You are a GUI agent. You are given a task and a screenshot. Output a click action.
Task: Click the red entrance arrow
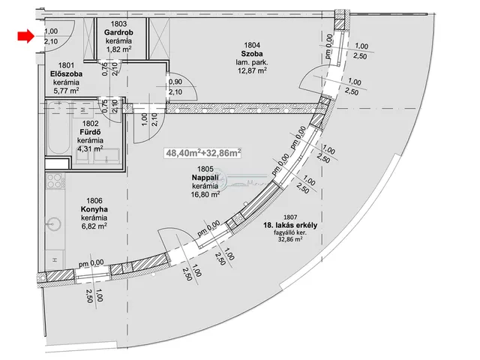(25, 36)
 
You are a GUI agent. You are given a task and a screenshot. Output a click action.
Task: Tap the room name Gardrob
(118, 32)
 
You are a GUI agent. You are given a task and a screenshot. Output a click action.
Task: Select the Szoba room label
(252, 54)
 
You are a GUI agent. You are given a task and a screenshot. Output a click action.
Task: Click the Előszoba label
(66, 74)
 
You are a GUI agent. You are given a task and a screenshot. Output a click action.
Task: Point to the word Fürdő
(90, 132)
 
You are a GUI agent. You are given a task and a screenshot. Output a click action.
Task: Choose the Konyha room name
(94, 209)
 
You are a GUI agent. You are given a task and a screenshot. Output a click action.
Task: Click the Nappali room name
(205, 178)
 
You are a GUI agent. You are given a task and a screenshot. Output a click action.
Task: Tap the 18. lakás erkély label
(290, 225)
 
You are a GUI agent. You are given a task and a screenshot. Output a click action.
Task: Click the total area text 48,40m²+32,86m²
(203, 152)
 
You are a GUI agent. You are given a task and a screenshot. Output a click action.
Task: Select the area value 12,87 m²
(252, 70)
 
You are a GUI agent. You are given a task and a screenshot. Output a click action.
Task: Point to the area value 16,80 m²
(205, 193)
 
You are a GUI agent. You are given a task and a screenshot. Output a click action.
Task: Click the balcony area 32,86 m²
(290, 239)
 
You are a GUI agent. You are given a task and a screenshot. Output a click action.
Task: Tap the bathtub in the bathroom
(58, 128)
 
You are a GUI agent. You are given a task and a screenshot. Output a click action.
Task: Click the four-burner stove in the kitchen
(55, 181)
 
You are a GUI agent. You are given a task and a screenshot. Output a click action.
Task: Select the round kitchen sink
(54, 224)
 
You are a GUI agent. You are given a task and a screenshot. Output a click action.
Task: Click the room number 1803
(118, 24)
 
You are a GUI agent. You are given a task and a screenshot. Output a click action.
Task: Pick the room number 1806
(94, 201)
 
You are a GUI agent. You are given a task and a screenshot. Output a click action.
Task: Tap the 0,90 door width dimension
(175, 82)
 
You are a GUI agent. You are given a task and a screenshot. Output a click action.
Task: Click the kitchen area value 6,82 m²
(94, 226)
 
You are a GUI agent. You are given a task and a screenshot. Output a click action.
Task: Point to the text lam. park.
(252, 62)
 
